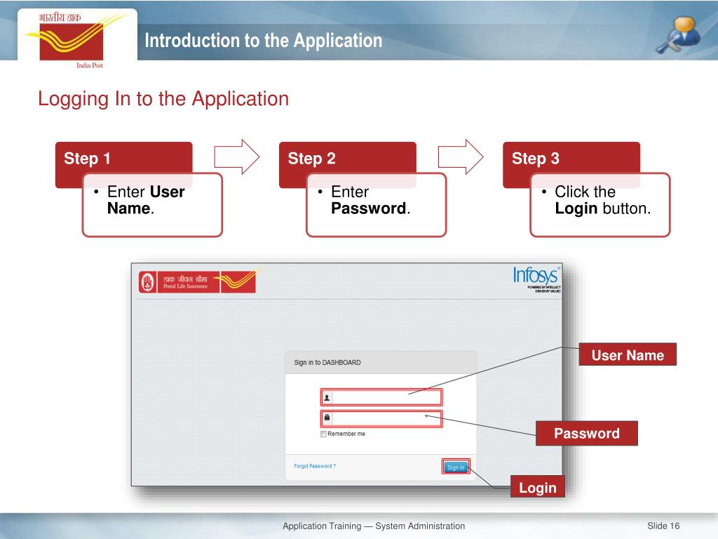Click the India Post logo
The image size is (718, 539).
coord(69,39)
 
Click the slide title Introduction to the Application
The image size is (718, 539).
coord(264,41)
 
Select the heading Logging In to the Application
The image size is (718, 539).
coord(163,99)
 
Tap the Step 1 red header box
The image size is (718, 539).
coord(123,159)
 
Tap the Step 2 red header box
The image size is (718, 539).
coord(347,159)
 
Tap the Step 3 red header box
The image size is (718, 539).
coord(571,159)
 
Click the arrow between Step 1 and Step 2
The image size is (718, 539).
coord(236,156)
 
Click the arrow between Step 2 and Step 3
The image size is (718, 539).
coord(461,156)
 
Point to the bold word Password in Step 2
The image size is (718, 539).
coord(369,208)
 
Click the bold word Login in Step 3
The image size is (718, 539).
coord(576,208)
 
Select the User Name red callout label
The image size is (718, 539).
coord(628,355)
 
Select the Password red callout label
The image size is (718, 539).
coord(587,434)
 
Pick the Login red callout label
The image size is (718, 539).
coord(538,488)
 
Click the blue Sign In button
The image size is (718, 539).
coord(456,467)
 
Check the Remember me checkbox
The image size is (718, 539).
coord(323,434)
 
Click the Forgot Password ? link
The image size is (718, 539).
coord(315,466)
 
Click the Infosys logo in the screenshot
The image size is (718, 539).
coord(536,275)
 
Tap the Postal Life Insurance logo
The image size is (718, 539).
coord(197,282)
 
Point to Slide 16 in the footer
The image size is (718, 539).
coord(663,526)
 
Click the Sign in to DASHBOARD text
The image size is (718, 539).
coord(327,363)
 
